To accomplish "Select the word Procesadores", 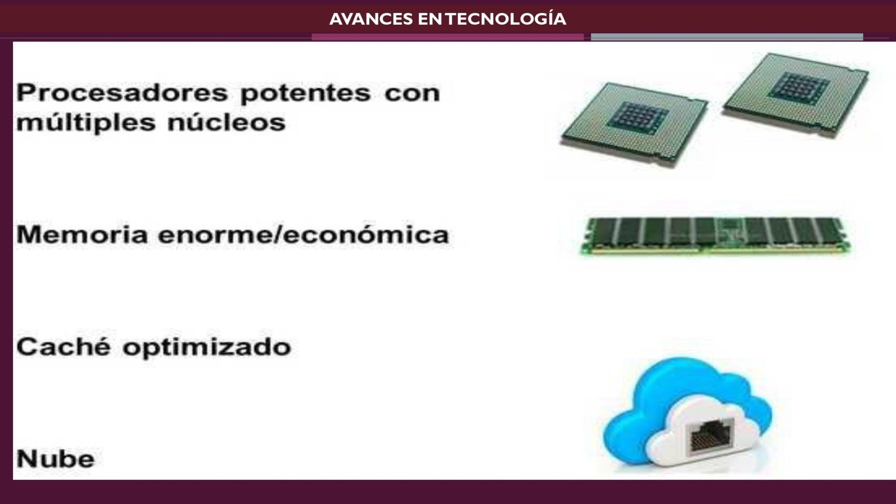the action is pos(122,92).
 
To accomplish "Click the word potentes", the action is pos(306,93).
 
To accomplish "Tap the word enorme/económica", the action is pos(304,234).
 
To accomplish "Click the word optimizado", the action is pos(207,348).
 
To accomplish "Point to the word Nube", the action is pos(56,459).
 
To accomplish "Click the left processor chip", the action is pos(634,124).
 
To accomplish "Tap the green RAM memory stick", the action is pos(715,236).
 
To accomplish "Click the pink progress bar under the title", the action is pos(448,37).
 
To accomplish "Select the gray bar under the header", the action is pos(727,37).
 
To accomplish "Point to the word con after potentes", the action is pos(412,93).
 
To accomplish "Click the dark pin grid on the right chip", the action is pos(799,87).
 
